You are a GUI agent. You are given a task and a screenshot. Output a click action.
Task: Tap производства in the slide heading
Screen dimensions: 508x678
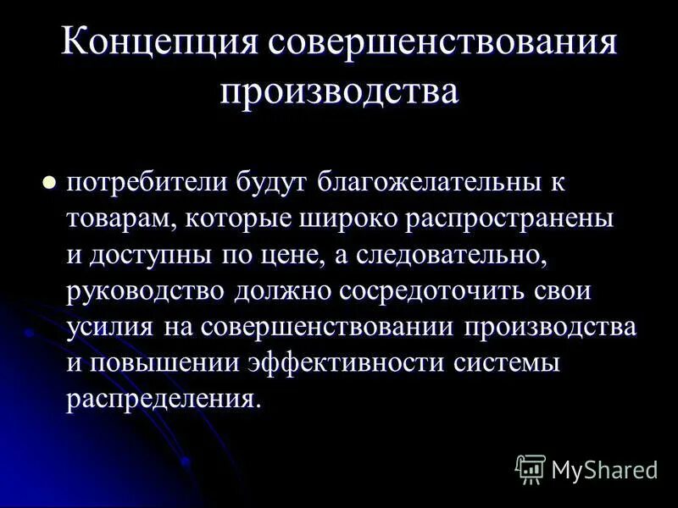pos(339,90)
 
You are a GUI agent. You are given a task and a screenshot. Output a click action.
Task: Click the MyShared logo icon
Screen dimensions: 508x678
pos(530,468)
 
